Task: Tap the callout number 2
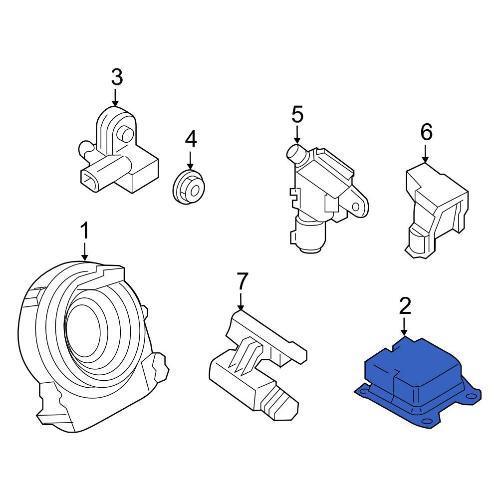[x=405, y=306]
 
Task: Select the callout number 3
[x=117, y=77]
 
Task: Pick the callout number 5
[x=297, y=115]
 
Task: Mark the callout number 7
[x=242, y=281]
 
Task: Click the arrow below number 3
[x=115, y=97]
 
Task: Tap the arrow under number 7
[x=241, y=301]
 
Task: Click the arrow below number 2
[x=404, y=327]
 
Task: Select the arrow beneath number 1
[x=84, y=251]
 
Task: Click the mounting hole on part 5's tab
[x=356, y=207]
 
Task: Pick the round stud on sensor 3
[x=126, y=135]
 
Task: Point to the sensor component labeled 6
[x=436, y=210]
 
